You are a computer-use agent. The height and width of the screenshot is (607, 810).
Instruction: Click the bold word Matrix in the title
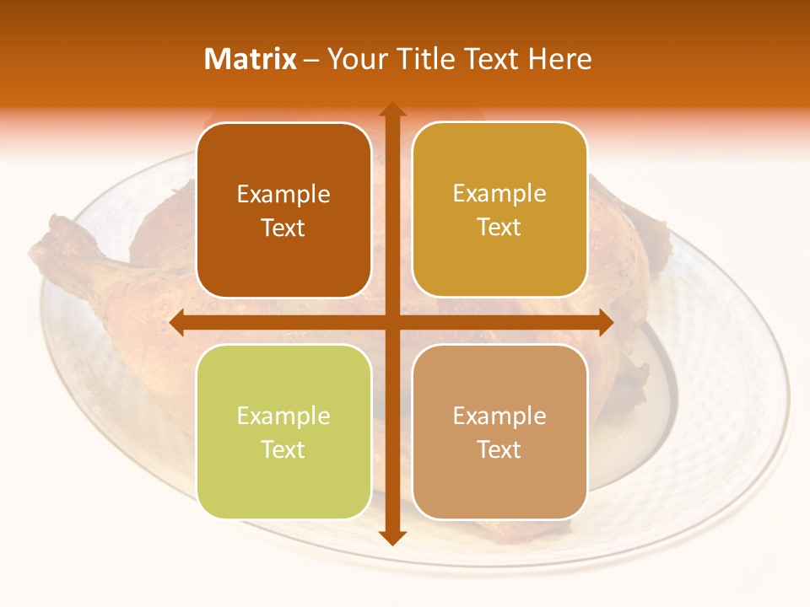[x=251, y=59]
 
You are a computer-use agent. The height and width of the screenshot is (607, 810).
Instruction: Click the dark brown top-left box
[x=283, y=211]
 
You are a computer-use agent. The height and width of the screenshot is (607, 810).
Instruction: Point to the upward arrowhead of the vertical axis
[x=391, y=110]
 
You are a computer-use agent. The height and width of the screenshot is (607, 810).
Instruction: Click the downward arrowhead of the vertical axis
[x=391, y=537]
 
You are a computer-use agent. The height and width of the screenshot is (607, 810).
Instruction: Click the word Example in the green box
[x=283, y=416]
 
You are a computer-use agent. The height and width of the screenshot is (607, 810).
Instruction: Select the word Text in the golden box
[x=499, y=228]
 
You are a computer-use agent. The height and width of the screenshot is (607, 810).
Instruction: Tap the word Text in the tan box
[x=499, y=450]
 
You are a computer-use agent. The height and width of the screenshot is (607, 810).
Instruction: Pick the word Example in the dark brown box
[x=283, y=195]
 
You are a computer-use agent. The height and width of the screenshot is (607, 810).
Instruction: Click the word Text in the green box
[x=283, y=450]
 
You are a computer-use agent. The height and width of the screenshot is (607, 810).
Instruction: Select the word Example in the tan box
[x=499, y=416]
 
